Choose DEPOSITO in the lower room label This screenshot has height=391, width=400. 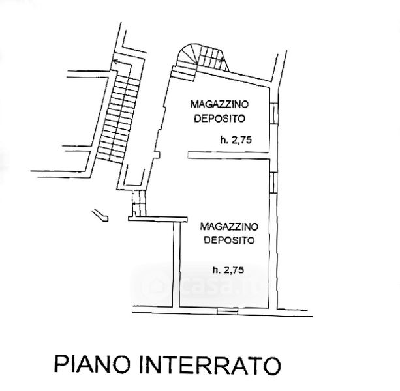pyautogui.click(x=228, y=240)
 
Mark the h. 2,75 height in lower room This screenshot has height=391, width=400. pyautogui.click(x=228, y=268)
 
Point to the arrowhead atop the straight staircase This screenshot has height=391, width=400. pyautogui.click(x=114, y=62)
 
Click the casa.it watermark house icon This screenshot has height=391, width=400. pyautogui.click(x=157, y=285)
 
